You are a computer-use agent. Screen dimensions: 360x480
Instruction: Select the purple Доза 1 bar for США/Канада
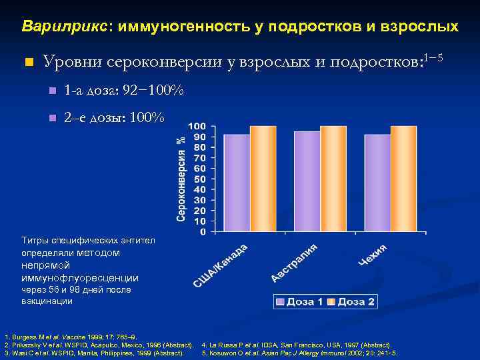pos(236,183)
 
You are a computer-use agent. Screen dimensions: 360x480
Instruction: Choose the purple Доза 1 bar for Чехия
pos(377,183)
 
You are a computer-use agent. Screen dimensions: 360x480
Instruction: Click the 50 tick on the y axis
pos(199,179)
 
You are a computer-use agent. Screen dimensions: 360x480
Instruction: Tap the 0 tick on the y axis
pos(202,232)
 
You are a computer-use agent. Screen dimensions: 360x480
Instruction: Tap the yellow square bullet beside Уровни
pos(27,63)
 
